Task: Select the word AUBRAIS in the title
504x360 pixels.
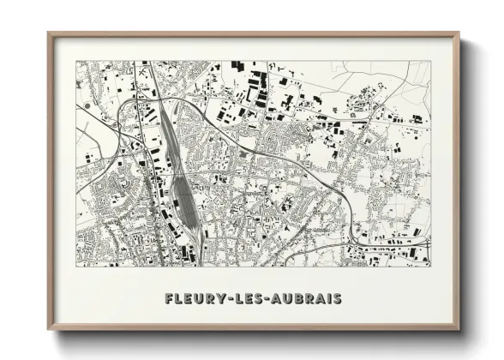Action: (309, 299)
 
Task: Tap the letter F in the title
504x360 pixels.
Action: (169, 299)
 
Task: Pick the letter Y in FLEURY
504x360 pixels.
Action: (223, 299)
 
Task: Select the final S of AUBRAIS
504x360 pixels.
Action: (338, 299)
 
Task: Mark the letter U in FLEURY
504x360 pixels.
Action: (201, 299)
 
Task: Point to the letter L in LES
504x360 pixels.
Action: (242, 299)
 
